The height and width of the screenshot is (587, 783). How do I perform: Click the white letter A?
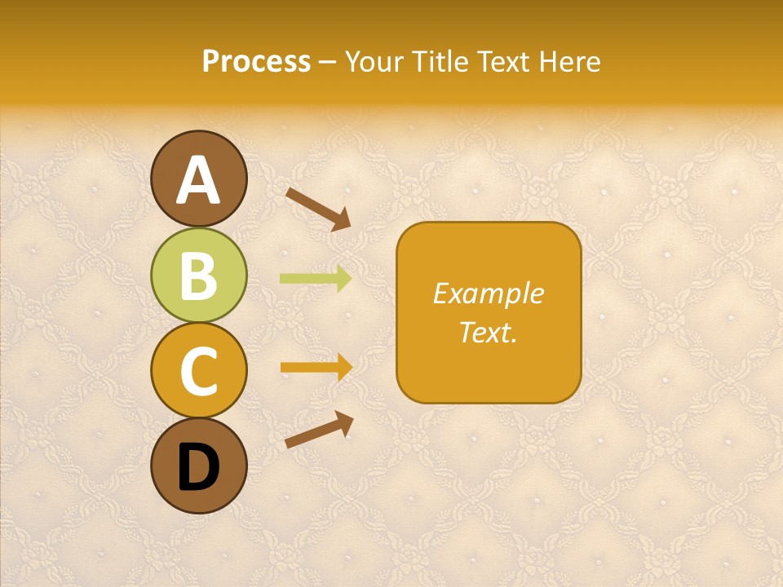click(x=199, y=181)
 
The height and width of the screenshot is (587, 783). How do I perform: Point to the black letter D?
click(x=199, y=468)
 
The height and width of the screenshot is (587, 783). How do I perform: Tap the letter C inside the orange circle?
click(x=199, y=371)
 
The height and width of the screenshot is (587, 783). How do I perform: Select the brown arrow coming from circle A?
click(x=318, y=208)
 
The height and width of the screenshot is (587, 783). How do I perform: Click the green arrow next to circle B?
click(x=316, y=279)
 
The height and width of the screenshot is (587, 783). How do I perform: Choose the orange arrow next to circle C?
click(x=316, y=368)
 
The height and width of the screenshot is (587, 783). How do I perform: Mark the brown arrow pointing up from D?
click(x=319, y=430)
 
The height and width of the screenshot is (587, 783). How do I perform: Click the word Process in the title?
click(x=256, y=62)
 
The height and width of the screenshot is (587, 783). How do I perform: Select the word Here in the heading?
click(x=569, y=62)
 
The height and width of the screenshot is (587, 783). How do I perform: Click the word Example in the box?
click(x=488, y=293)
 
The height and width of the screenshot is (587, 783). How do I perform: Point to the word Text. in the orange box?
click(x=488, y=333)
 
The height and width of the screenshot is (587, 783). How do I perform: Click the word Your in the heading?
click(x=376, y=62)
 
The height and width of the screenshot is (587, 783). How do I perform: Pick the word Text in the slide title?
click(x=502, y=62)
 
